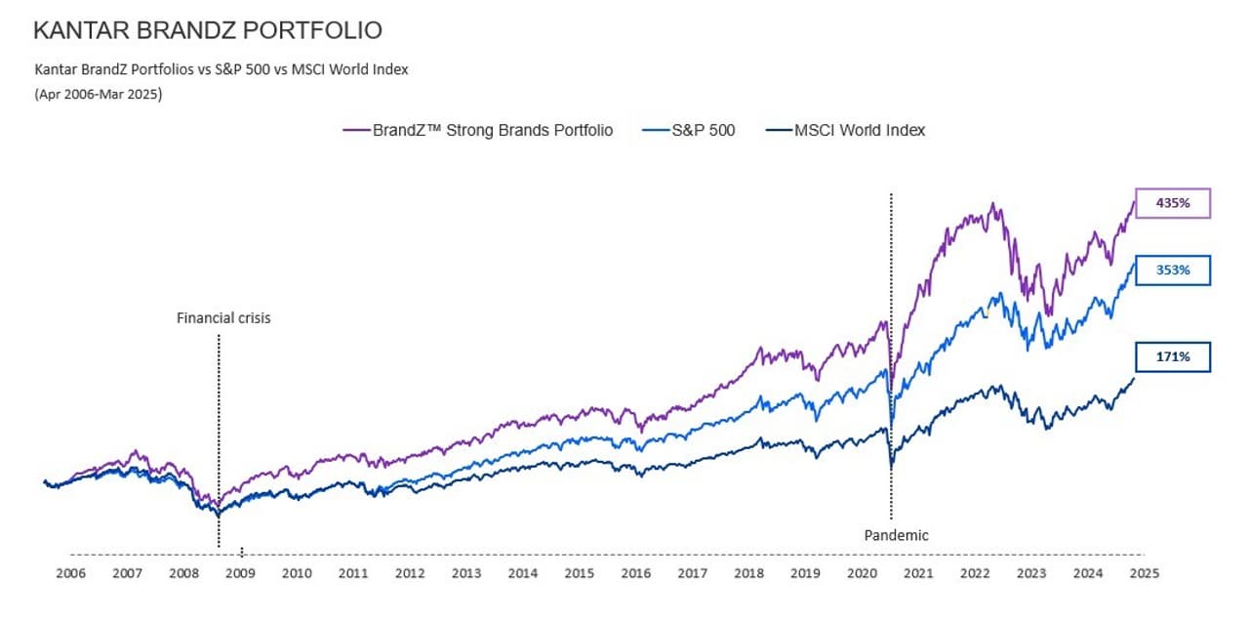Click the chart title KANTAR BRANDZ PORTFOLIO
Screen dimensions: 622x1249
(207, 30)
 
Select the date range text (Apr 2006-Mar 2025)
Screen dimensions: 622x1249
(98, 95)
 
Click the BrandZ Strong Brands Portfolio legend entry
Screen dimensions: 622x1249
(477, 130)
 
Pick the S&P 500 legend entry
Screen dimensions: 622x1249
(689, 130)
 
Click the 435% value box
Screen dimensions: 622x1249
(1172, 203)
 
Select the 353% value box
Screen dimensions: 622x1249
(1172, 270)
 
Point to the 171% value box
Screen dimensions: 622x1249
(1172, 357)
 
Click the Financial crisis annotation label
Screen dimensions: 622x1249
(223, 317)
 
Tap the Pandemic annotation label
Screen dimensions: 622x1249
(897, 535)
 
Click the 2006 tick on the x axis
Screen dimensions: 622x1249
(70, 573)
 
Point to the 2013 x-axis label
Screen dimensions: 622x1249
(466, 573)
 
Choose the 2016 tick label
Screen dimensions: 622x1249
(636, 573)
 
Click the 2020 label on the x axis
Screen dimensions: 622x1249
(862, 573)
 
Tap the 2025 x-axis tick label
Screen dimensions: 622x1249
(1144, 573)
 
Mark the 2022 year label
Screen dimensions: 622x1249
(975, 573)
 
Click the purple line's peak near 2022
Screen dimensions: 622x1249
(993, 204)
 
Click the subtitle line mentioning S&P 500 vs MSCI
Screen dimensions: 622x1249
(221, 69)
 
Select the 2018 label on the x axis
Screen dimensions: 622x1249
(749, 573)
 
